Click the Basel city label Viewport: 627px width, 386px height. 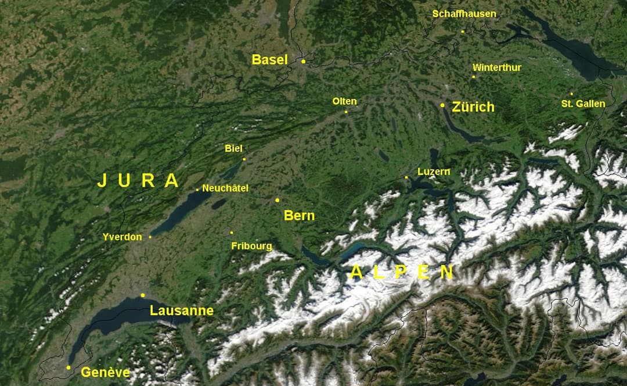[269, 59]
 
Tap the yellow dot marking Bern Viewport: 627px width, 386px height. [278, 200]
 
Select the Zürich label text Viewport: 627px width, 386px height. [473, 107]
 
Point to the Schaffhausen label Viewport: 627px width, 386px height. [464, 14]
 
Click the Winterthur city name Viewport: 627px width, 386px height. [496, 68]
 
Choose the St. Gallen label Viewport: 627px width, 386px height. [583, 104]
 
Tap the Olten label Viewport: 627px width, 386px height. [344, 102]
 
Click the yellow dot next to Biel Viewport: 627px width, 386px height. [244, 159]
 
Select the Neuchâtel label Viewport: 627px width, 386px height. [225, 188]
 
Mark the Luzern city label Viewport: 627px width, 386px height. [434, 172]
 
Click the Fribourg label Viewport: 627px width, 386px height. [251, 246]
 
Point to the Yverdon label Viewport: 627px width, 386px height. [122, 237]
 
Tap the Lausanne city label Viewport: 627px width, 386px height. [181, 311]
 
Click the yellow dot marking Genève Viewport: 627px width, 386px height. [69, 367]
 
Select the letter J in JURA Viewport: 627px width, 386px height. [102, 181]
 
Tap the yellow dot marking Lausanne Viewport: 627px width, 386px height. [143, 295]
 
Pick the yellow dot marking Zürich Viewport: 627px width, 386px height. [442, 105]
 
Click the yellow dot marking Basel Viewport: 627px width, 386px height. [304, 60]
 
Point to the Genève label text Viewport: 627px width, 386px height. [105, 372]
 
